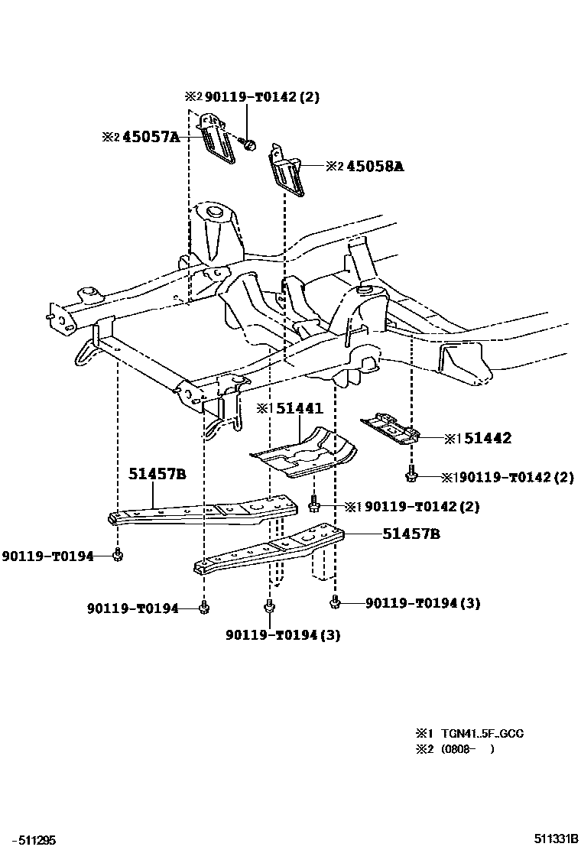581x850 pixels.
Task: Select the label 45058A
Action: coord(375,165)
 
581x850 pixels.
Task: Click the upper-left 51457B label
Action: coord(157,474)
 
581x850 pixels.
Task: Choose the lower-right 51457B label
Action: coord(411,534)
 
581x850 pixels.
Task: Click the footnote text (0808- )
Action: coord(466,749)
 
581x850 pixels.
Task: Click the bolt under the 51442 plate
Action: coord(411,475)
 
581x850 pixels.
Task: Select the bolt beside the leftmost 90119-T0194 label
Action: coord(118,555)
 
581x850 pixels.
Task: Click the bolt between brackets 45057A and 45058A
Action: coord(249,144)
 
